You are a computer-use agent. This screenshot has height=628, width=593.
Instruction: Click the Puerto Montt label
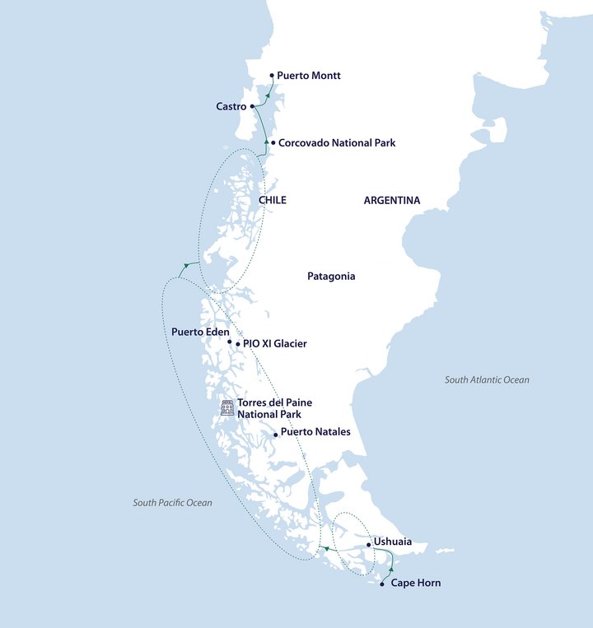(x=308, y=76)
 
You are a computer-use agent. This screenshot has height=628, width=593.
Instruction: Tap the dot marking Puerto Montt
(x=272, y=76)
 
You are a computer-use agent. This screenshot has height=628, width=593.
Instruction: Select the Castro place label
(x=231, y=106)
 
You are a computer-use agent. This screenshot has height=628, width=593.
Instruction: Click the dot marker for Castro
(x=252, y=106)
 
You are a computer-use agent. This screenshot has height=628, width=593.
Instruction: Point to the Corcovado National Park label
(x=337, y=143)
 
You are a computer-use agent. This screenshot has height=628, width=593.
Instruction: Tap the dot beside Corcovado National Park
(x=273, y=142)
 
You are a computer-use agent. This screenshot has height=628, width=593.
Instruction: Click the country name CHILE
(x=273, y=201)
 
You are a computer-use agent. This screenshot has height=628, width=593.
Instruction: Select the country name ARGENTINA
(x=391, y=201)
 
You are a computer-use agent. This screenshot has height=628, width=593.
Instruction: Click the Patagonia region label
(x=331, y=277)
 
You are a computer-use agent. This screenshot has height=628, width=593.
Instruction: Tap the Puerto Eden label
(x=200, y=332)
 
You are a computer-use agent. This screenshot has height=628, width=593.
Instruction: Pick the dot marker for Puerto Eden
(x=230, y=341)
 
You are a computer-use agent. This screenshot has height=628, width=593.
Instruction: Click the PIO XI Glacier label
(x=275, y=344)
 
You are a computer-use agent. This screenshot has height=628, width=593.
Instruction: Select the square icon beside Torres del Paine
(x=226, y=407)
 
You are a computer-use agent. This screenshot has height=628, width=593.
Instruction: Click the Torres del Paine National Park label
(x=274, y=408)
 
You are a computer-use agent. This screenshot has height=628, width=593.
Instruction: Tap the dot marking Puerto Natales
(x=275, y=435)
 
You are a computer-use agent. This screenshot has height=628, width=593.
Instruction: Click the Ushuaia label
(x=392, y=542)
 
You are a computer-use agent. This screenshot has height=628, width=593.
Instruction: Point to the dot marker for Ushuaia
(x=368, y=544)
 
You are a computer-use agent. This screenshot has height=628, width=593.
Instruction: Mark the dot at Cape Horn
(x=381, y=584)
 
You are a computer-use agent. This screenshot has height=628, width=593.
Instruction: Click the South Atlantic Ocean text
(x=487, y=380)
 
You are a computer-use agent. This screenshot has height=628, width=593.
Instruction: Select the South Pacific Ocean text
(x=172, y=503)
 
